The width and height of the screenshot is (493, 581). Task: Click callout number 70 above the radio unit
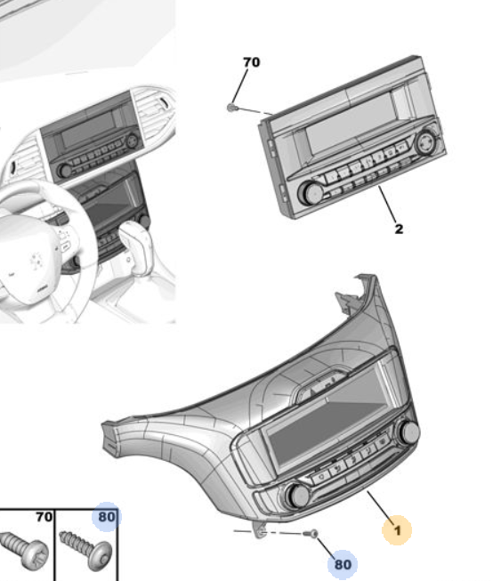point(252,62)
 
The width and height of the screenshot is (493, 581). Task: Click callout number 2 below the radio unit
point(399,229)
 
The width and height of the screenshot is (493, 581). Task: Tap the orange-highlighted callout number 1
point(397,530)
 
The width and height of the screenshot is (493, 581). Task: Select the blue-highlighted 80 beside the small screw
point(343,565)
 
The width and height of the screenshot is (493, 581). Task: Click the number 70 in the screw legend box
point(44,517)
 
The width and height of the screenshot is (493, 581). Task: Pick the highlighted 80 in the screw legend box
point(107,517)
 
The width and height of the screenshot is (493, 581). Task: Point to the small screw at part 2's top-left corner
point(231,108)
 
